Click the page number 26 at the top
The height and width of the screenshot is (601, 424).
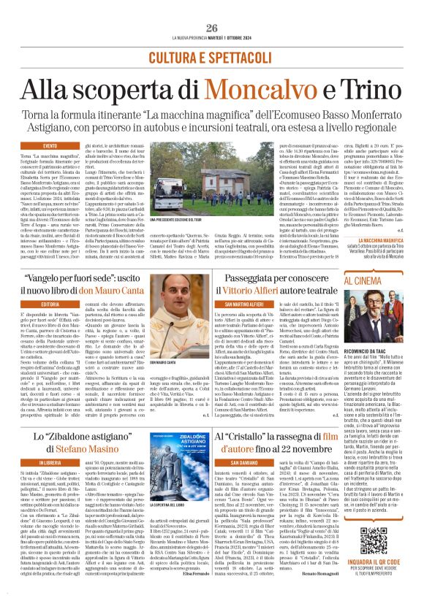click(212, 28)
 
